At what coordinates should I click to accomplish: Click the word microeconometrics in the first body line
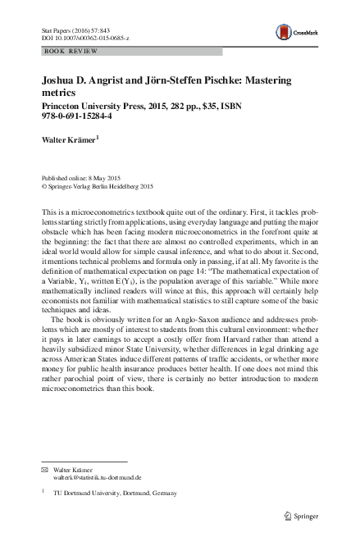(102, 212)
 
